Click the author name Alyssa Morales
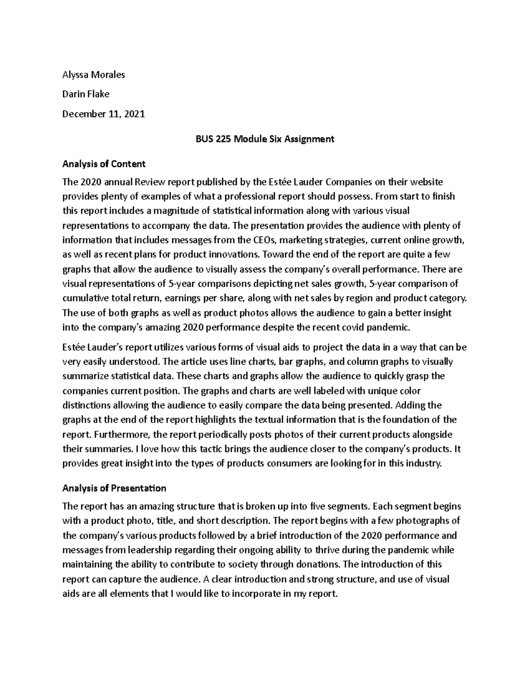pos(94,75)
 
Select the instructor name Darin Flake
pos(86,94)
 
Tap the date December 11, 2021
pos(103,114)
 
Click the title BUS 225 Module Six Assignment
pos(265,139)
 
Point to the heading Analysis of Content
pos(104,164)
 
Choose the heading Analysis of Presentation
pos(114,488)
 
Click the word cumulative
pos(83,298)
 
